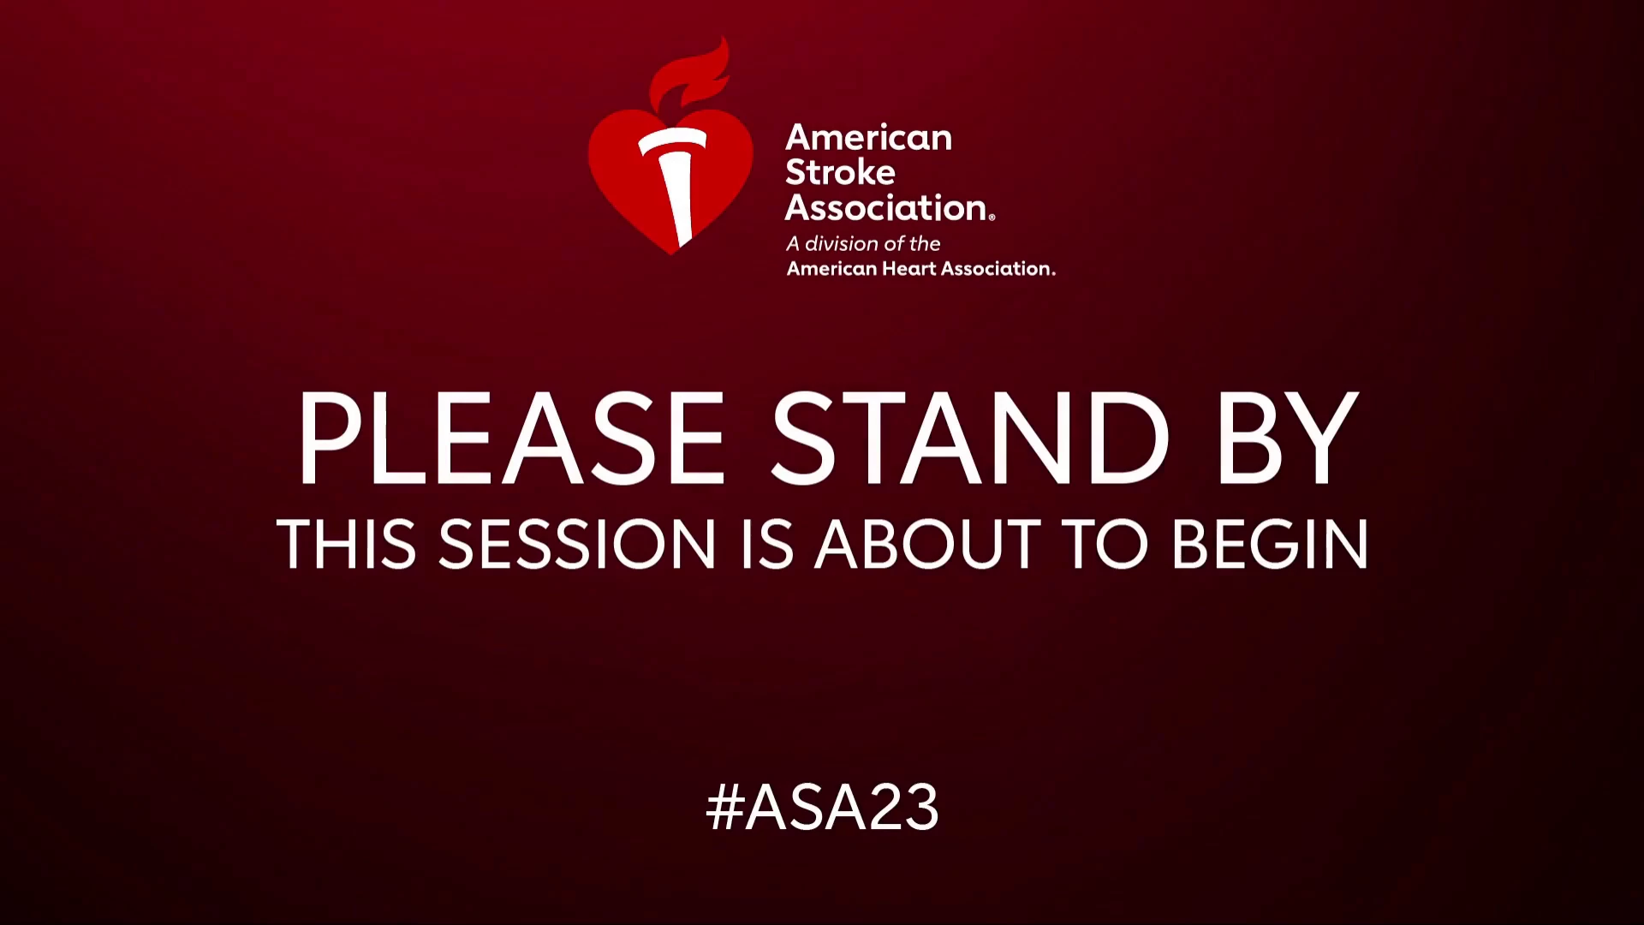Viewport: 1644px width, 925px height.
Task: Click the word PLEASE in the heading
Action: tap(511, 439)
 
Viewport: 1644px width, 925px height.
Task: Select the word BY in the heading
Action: tap(1288, 439)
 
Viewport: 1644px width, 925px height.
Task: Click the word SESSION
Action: tap(577, 544)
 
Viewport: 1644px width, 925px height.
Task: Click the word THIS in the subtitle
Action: tap(347, 544)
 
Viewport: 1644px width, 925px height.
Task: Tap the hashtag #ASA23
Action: tap(822, 807)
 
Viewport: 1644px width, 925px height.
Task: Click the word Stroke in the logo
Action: tap(840, 172)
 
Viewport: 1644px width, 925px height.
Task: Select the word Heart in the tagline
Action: tap(910, 269)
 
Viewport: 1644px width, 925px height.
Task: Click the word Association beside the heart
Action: tap(885, 207)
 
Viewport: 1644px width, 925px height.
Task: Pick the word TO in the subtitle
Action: tap(1105, 544)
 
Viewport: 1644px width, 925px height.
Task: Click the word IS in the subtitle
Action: tap(766, 544)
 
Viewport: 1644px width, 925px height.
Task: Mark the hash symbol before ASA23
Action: tap(724, 807)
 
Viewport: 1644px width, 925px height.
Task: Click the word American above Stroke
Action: tap(868, 138)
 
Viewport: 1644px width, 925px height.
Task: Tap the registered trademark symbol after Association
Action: tap(992, 218)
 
